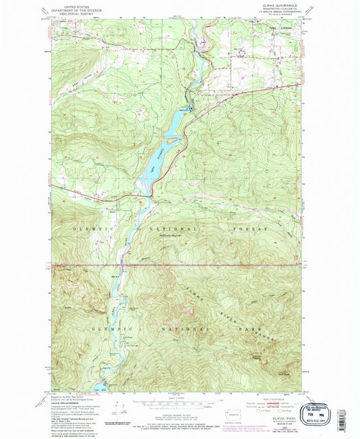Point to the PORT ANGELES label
[x=280, y=29]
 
